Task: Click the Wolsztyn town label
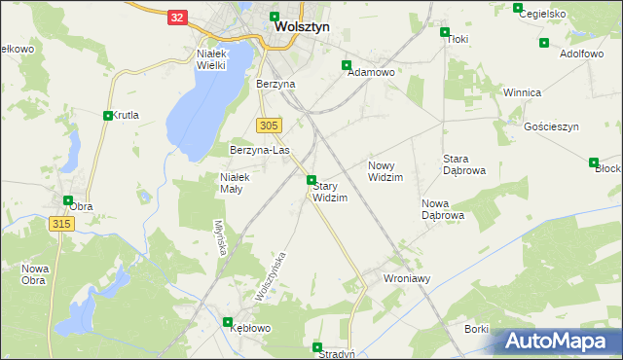click(302, 28)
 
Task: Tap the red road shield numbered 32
click(176, 18)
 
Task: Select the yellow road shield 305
click(270, 126)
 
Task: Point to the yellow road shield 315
click(60, 224)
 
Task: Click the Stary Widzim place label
click(330, 192)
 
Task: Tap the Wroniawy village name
click(408, 278)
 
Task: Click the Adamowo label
click(370, 73)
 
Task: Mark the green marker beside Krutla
click(107, 115)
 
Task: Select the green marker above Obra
click(68, 201)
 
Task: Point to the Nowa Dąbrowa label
click(442, 209)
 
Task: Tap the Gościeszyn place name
click(551, 127)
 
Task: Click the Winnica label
click(522, 92)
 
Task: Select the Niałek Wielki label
click(211, 59)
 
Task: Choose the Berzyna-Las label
click(260, 151)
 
